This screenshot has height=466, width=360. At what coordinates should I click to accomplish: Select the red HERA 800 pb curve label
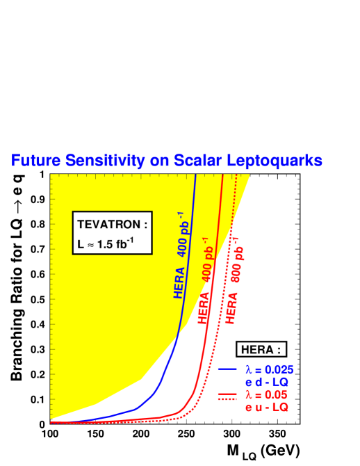[x=234, y=278]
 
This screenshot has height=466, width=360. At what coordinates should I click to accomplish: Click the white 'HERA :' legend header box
[x=261, y=350]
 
